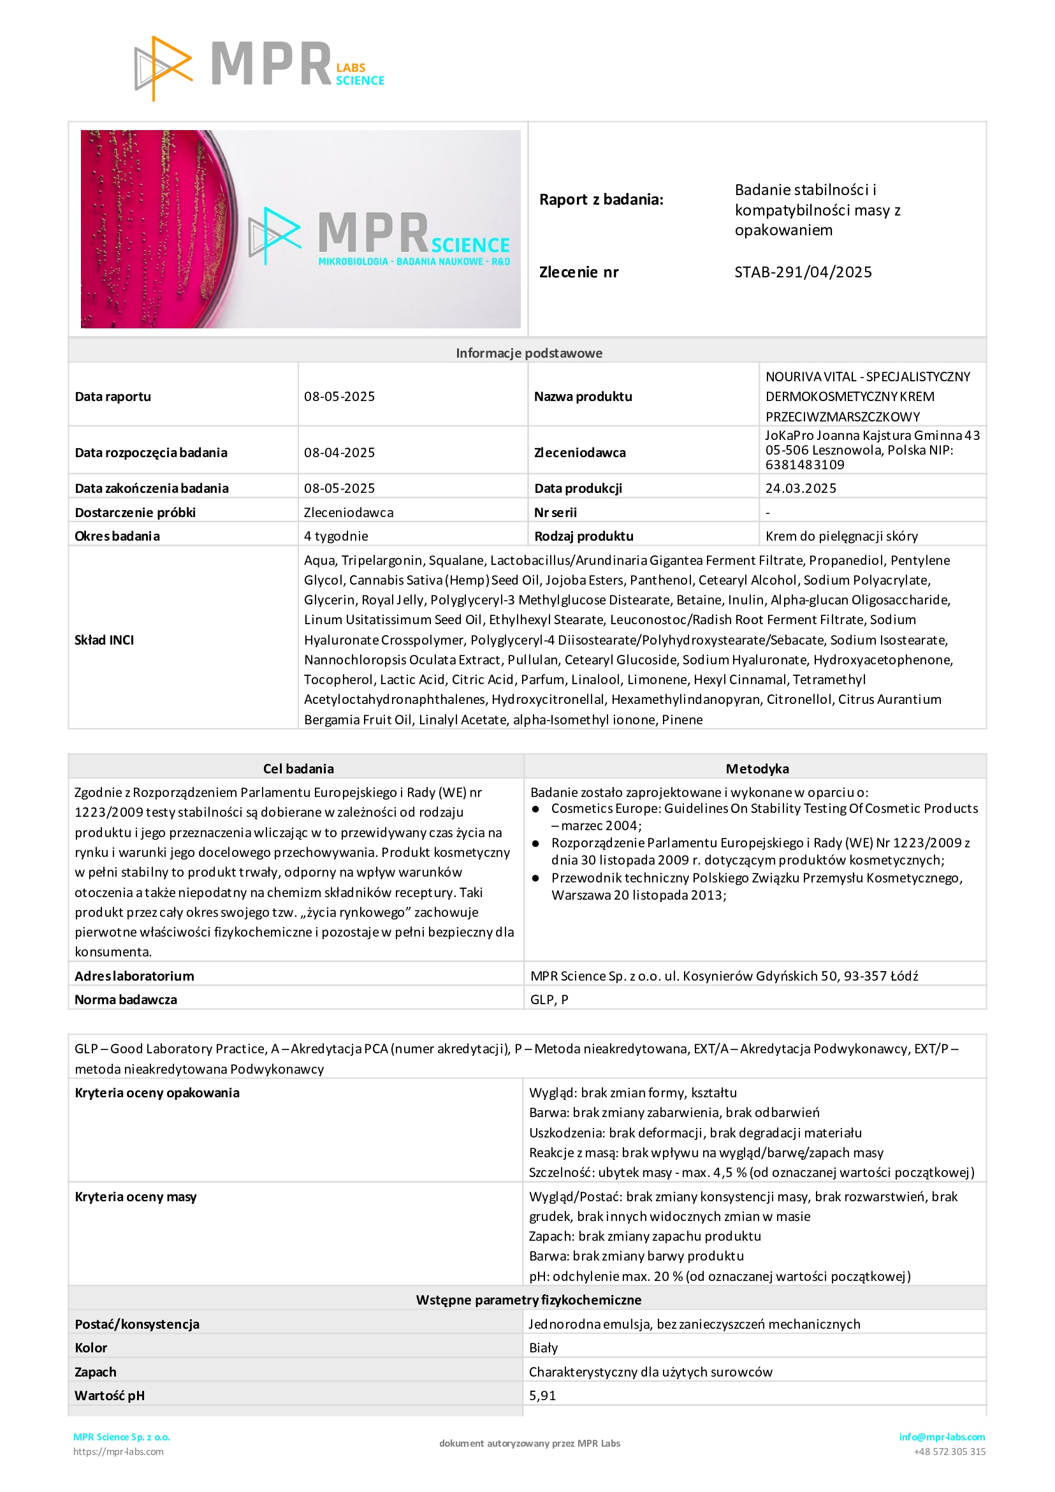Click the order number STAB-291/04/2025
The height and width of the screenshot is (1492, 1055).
point(803,272)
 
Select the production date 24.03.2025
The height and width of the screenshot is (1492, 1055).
point(801,488)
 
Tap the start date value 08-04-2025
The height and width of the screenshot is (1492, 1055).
point(339,452)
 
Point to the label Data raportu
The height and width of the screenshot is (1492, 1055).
point(113,397)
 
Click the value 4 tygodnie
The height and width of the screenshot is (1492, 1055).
point(336,536)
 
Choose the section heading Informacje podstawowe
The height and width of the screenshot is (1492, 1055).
point(529,353)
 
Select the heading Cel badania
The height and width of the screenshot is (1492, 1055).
point(298,768)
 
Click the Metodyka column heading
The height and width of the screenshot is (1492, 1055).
point(757,768)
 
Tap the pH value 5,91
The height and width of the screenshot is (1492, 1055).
point(542,1396)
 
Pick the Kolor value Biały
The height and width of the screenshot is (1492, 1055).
point(544,1348)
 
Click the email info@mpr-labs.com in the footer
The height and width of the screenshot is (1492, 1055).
point(942,1437)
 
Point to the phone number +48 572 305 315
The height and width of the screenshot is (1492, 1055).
point(949,1451)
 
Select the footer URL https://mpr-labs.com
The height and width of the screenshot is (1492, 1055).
point(118,1451)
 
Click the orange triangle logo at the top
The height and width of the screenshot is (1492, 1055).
point(163,68)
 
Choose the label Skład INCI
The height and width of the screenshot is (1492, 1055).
point(104,640)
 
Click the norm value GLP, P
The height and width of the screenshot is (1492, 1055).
point(549,999)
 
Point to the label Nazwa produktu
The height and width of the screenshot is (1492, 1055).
point(583,397)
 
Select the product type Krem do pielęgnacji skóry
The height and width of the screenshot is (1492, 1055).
point(841,536)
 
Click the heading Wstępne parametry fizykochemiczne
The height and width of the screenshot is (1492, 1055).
point(529,1299)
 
